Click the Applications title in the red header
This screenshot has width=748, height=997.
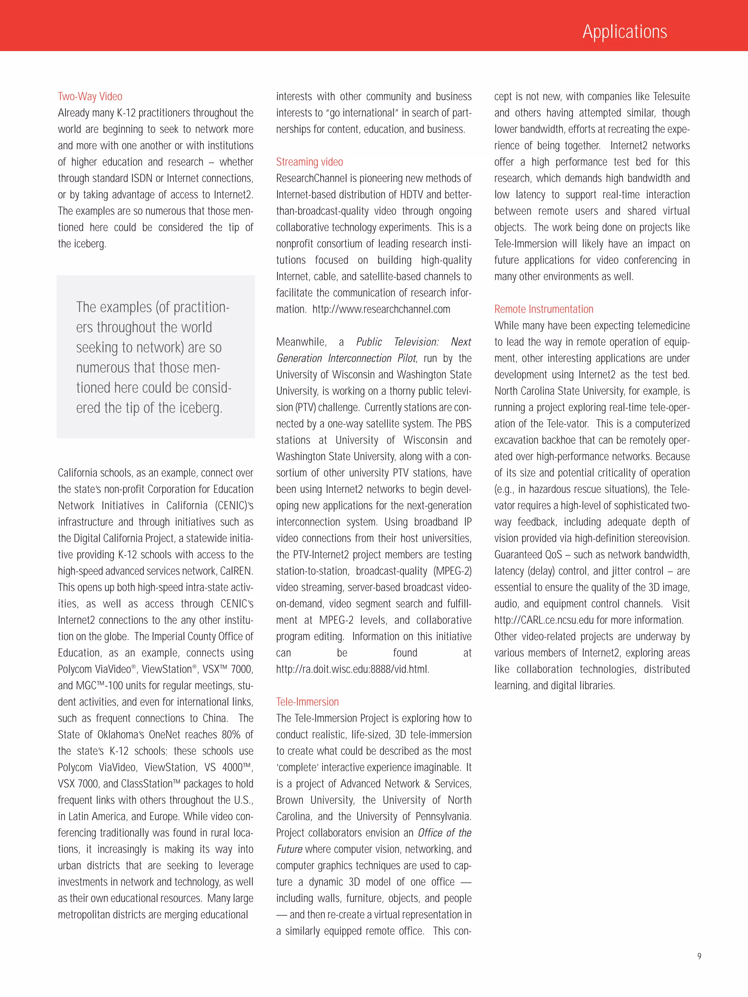coord(625,31)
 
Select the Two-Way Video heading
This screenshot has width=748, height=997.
coord(90,96)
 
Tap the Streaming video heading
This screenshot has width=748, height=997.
coord(309,162)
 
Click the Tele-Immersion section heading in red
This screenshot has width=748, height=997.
coord(307,702)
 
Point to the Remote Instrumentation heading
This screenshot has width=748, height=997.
coord(543,309)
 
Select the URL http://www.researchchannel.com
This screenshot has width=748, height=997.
coord(381,309)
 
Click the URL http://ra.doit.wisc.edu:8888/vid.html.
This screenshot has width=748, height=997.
coord(352,669)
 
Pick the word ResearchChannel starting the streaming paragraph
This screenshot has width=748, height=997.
coord(312,179)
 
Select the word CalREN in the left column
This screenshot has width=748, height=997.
coord(236,571)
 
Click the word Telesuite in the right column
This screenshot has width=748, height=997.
coord(671,96)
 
